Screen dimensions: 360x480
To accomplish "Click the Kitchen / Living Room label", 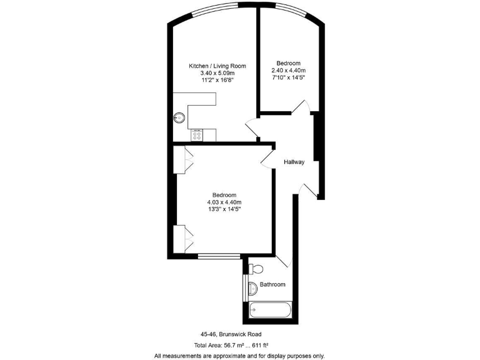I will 217,66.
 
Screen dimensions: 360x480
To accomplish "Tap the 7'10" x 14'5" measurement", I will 289,78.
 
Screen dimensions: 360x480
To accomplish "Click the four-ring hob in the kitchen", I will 197,134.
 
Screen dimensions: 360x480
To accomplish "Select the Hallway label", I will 294,162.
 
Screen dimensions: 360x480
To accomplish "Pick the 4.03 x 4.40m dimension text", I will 224,202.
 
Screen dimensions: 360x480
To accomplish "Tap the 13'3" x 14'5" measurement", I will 224,209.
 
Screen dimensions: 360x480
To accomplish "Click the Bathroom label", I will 272,284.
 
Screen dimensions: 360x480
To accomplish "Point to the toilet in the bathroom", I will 255,269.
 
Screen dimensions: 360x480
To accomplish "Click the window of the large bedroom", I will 219,256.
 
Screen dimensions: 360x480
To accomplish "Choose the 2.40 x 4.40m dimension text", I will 289,71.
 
